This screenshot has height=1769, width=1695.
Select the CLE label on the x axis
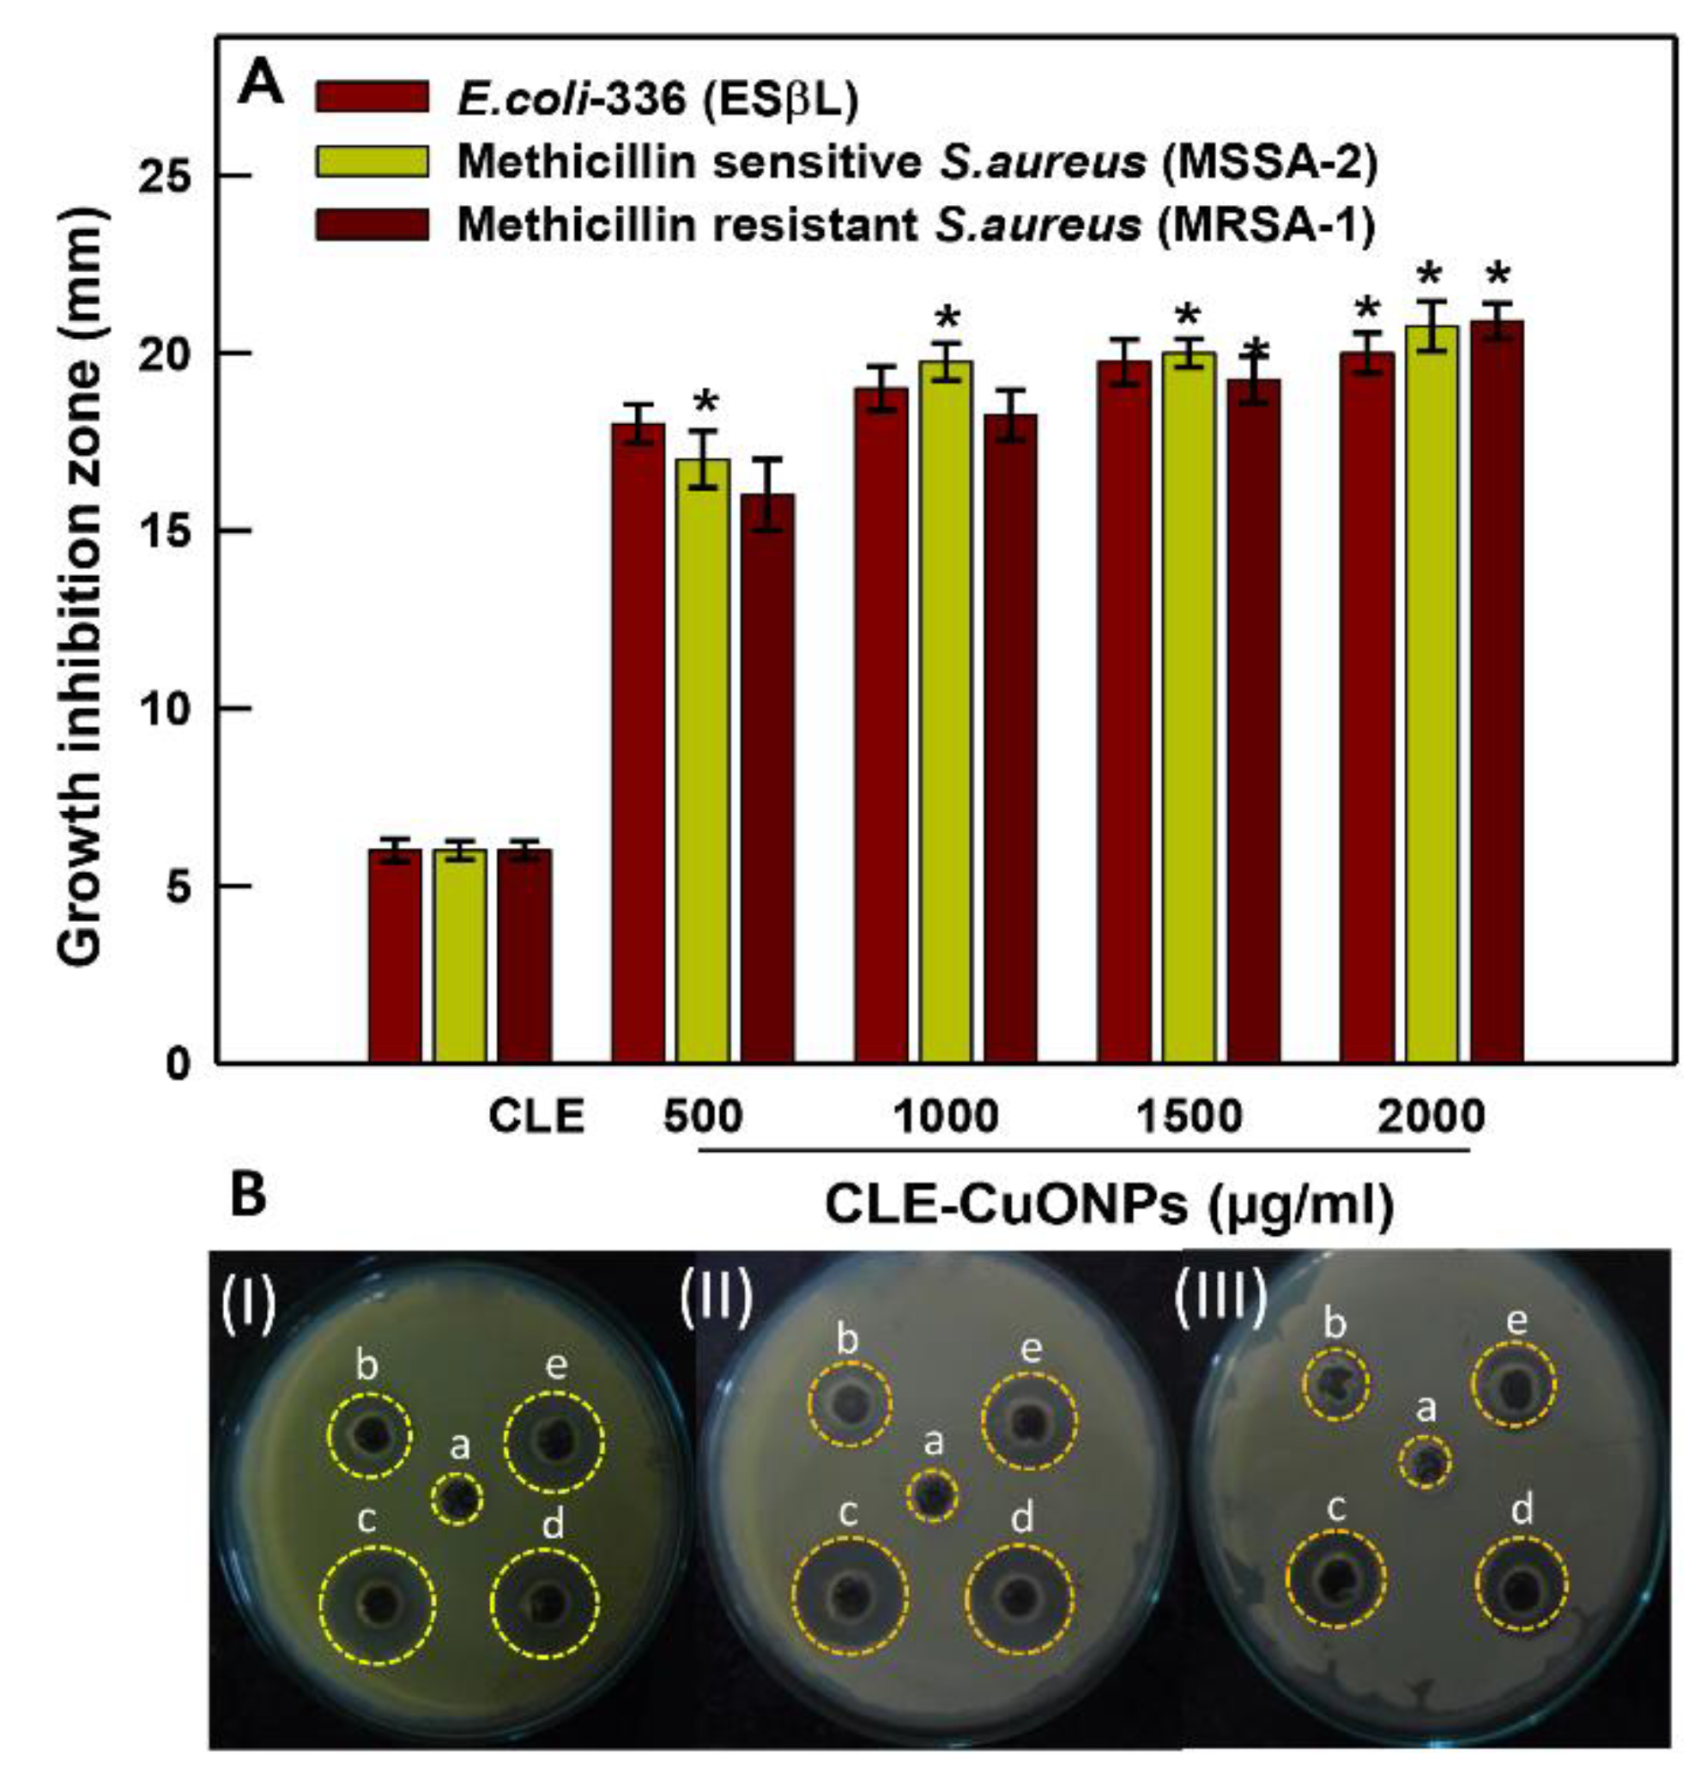(x=536, y=1117)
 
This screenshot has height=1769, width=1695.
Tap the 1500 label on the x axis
(x=1189, y=1117)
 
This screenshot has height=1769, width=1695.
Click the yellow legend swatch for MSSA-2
(x=372, y=161)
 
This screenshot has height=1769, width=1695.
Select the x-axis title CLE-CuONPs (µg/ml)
(x=1109, y=1206)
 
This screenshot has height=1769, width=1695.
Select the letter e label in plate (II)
(x=1031, y=1349)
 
